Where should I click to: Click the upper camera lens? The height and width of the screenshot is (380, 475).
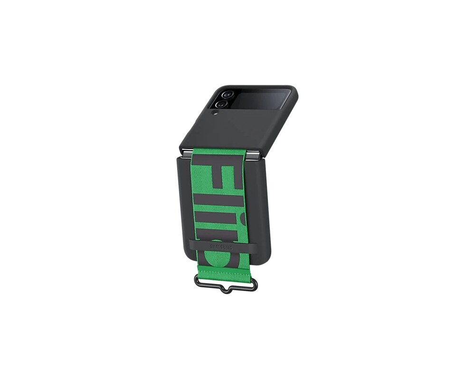point(226,95)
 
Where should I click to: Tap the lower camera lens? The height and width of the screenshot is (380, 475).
point(219,104)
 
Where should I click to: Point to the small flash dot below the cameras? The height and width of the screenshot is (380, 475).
point(215,113)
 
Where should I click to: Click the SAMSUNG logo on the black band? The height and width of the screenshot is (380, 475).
point(222,247)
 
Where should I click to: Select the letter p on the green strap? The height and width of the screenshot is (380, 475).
point(223,256)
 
